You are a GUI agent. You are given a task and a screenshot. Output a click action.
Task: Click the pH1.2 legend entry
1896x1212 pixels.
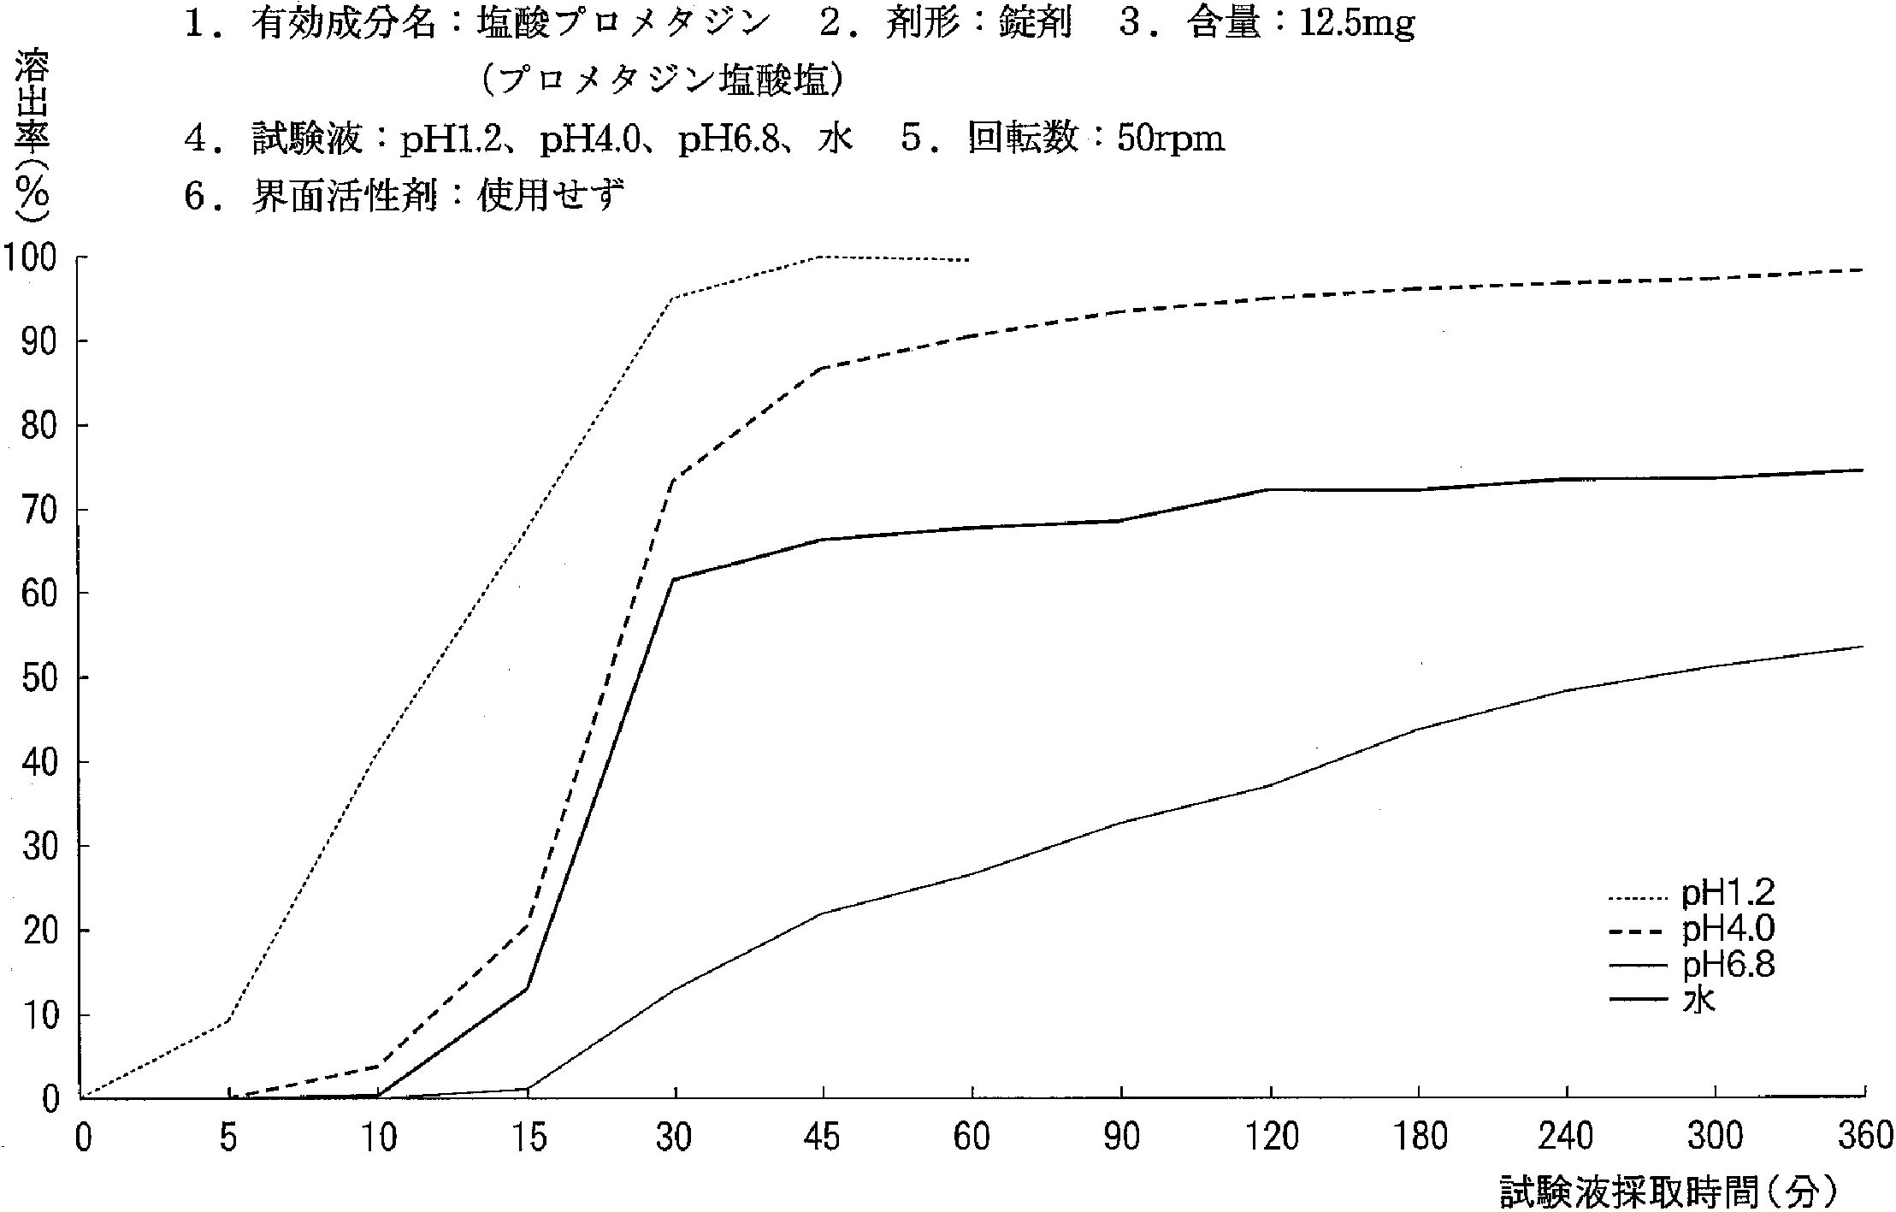1728,894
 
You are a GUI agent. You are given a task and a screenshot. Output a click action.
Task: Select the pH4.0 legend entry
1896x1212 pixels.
1728,930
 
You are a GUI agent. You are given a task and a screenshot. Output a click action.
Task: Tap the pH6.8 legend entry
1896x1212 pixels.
1728,965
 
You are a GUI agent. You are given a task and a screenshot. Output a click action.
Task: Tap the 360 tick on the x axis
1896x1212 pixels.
1864,1137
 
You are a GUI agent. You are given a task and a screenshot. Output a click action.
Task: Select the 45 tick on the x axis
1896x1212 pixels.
822,1137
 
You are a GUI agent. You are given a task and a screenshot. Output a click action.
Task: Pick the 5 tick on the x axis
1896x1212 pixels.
227,1137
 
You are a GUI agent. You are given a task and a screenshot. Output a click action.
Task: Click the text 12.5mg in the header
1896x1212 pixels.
1356,24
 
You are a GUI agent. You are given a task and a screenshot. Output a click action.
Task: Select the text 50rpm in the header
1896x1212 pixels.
1170,138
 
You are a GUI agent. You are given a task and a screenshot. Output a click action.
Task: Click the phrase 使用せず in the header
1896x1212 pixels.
551,196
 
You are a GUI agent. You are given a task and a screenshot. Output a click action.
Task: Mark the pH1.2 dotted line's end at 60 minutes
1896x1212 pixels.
969,260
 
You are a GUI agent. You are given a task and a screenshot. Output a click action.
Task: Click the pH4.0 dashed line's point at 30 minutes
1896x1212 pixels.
674,480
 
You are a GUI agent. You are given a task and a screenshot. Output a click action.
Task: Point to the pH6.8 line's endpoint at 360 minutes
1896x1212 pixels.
1863,647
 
